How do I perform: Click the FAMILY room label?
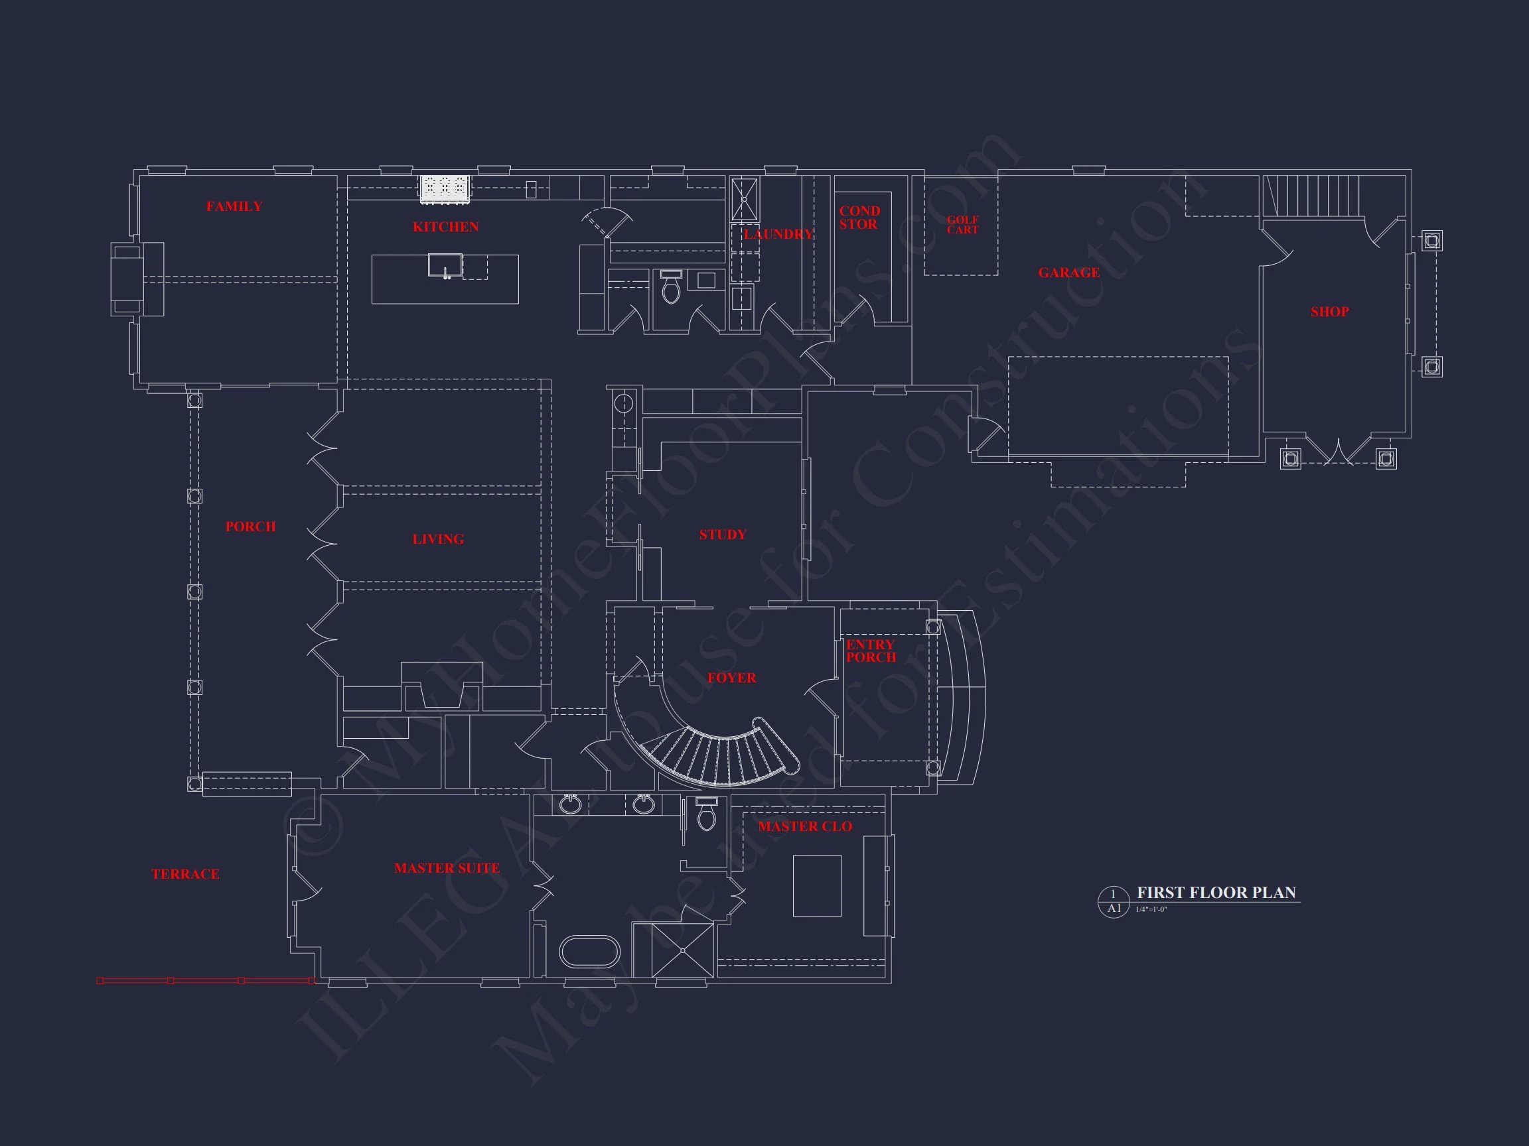234,206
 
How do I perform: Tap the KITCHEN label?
446,227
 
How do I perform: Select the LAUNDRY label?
778,234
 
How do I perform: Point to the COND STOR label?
859,218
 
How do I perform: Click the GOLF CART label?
962,225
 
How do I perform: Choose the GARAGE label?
1068,273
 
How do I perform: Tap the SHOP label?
1329,312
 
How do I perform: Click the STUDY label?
722,535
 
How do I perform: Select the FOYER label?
731,678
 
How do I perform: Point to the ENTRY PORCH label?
870,651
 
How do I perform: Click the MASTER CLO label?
804,827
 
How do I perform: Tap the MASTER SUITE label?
447,868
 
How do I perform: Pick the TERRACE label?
185,875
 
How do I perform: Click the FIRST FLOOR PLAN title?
1216,893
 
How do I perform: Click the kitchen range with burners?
446,188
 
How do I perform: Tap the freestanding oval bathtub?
589,952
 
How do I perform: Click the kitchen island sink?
445,265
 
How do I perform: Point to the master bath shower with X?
682,950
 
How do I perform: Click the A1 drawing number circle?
1114,902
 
